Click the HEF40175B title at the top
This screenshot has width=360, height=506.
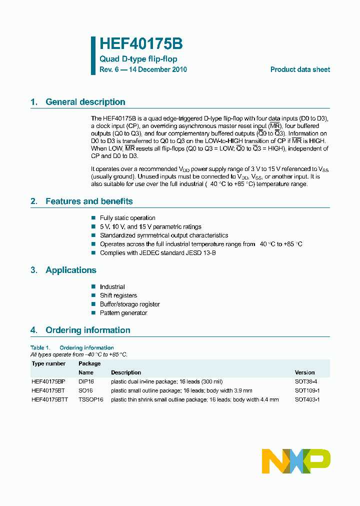[x=141, y=44]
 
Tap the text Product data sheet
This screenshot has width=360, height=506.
[x=300, y=69]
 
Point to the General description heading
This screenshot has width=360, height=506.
[x=85, y=102]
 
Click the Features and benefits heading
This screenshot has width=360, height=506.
[x=89, y=201]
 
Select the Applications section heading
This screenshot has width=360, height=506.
[x=70, y=270]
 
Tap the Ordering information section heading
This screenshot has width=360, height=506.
[x=87, y=330]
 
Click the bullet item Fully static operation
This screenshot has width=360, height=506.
[x=127, y=218]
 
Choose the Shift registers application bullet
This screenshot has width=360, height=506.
[x=118, y=295]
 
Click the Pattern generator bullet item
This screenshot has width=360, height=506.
[x=123, y=313]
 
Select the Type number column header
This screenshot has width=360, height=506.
[x=48, y=363]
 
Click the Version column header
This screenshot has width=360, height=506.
[x=304, y=372]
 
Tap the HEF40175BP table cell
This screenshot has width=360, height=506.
[x=48, y=381]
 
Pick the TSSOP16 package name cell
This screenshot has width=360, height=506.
[x=90, y=399]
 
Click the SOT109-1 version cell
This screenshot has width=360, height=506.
[x=307, y=390]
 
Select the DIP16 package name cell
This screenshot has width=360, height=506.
[x=86, y=381]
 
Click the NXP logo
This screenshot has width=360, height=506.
[x=296, y=460]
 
